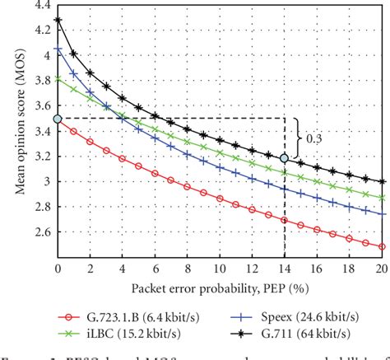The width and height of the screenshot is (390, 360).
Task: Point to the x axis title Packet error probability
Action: pos(220,288)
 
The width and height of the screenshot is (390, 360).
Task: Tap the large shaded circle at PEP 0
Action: pos(58,119)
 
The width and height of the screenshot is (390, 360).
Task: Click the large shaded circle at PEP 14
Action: pos(285,157)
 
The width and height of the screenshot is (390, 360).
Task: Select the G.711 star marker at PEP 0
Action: pos(58,19)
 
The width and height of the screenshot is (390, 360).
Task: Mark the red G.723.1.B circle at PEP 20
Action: pos(382,246)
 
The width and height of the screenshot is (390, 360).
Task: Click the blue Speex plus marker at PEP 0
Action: pos(58,49)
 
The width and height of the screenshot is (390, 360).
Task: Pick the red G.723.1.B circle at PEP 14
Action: pos(285,220)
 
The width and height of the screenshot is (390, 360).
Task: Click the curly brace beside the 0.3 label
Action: pos(298,138)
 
